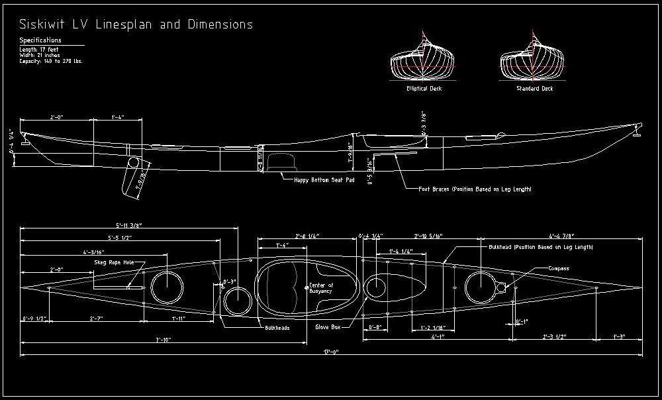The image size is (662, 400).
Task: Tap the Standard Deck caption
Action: tap(534, 88)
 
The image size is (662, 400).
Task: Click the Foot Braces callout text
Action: tap(475, 189)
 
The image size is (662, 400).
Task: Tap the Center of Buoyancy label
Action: tap(323, 287)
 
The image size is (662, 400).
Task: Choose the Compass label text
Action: tap(558, 268)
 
